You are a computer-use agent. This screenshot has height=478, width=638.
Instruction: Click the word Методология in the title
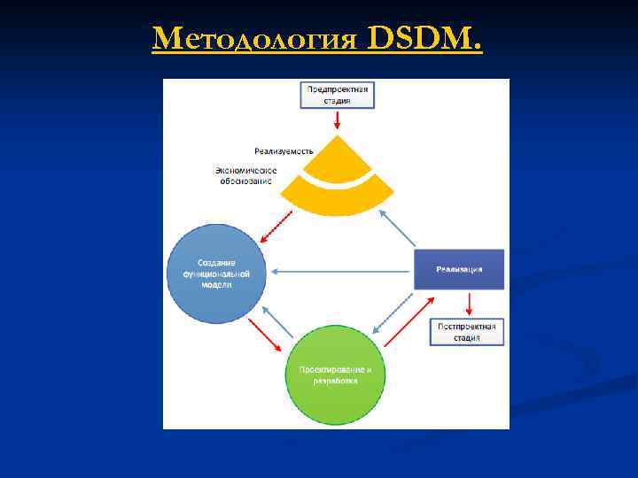256,39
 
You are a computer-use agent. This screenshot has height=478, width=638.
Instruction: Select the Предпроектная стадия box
337,95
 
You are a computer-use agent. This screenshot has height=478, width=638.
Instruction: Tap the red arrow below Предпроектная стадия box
337,120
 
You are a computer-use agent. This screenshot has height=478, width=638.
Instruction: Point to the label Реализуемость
284,151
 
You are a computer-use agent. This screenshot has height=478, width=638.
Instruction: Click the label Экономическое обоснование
245,174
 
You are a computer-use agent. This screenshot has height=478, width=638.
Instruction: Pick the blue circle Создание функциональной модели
217,273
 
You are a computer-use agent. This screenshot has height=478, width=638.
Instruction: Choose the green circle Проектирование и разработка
335,375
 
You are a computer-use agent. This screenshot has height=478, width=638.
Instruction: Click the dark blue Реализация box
459,269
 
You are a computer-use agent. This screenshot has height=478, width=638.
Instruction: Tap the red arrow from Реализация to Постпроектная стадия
469,304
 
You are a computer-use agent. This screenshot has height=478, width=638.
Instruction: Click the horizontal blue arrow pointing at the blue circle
341,271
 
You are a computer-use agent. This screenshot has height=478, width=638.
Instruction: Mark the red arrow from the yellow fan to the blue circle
276,226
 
